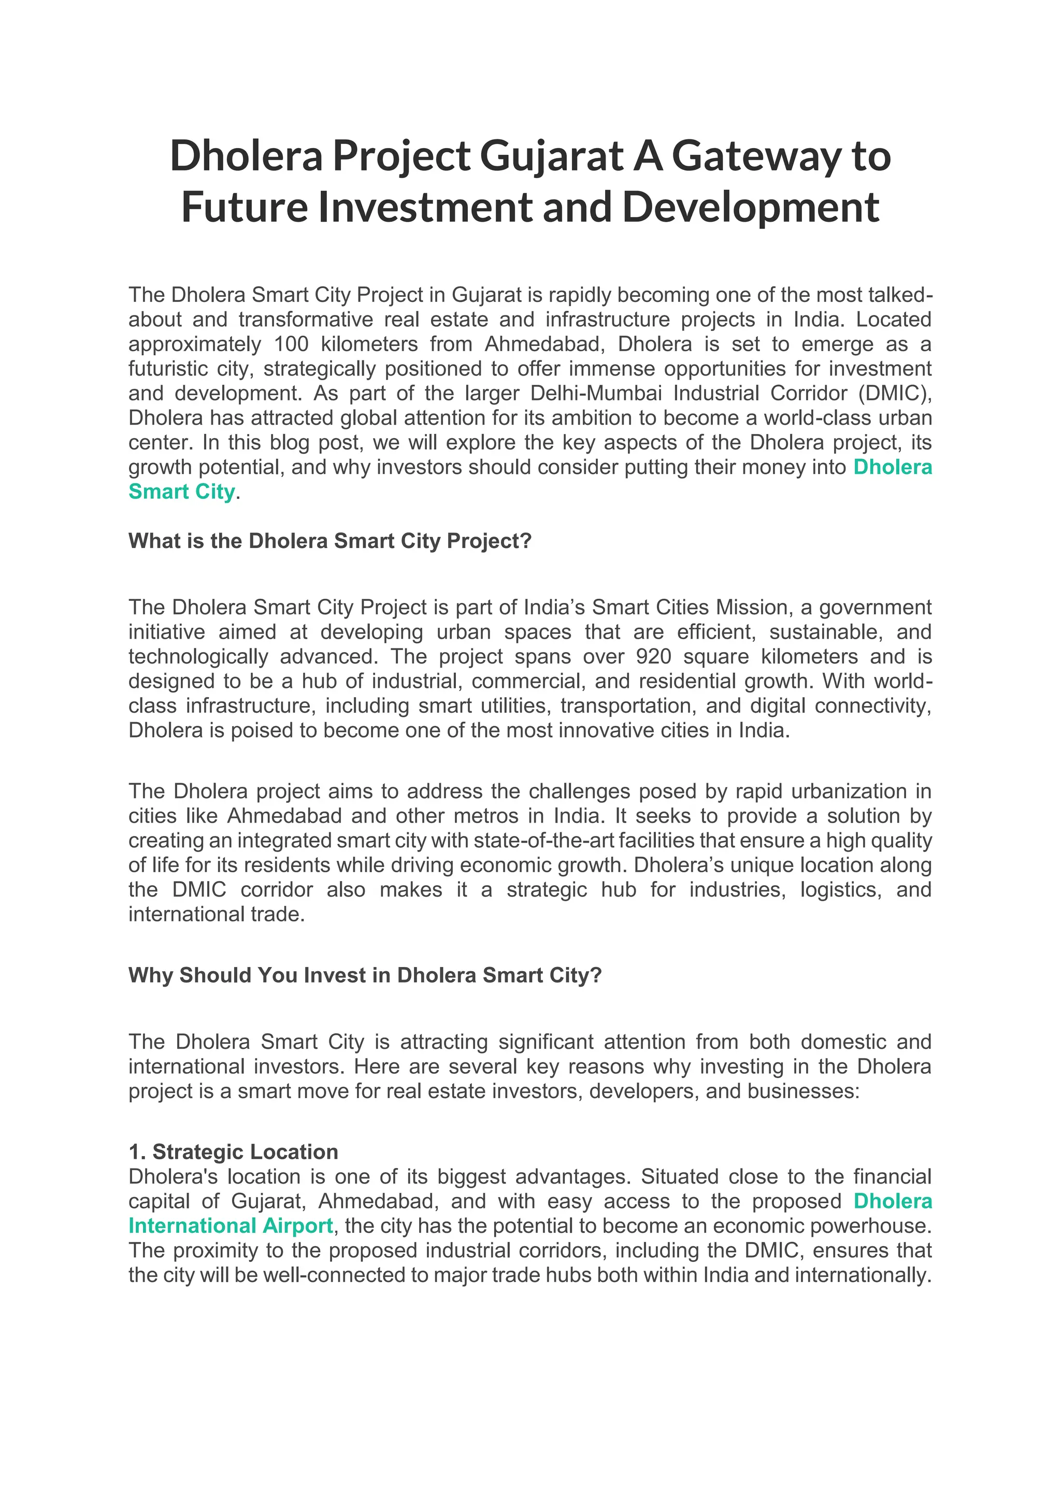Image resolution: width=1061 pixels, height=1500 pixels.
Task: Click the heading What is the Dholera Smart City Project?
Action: [x=330, y=541]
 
